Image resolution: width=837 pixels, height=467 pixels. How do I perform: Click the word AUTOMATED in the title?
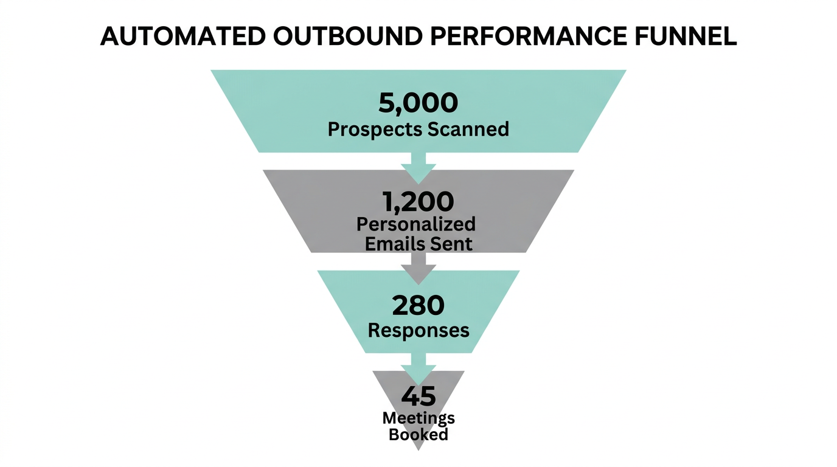(x=182, y=36)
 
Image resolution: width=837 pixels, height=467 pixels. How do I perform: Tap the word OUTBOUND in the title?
(x=346, y=36)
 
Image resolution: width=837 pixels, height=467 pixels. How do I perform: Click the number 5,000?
(x=418, y=103)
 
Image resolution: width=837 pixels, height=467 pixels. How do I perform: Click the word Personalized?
(x=416, y=224)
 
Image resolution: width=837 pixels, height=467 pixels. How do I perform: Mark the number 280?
(x=418, y=306)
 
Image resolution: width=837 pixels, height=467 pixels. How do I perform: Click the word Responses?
(x=418, y=330)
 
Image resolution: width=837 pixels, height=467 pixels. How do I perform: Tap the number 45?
(x=418, y=396)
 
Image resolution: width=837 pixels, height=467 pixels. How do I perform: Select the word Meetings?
(x=418, y=418)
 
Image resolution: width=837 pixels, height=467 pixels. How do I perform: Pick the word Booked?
(x=418, y=434)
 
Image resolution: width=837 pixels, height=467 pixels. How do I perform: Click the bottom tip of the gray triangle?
(x=418, y=448)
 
